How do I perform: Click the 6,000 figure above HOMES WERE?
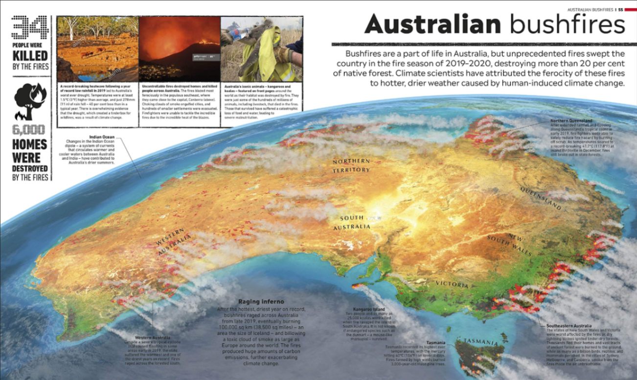pyautogui.click(x=30, y=130)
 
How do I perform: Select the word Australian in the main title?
pyautogui.click(x=433, y=24)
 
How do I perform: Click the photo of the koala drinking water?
pyautogui.click(x=261, y=49)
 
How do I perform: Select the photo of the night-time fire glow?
pyautogui.click(x=180, y=49)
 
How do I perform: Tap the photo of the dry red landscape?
pyautogui.click(x=98, y=49)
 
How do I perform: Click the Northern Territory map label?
pyautogui.click(x=351, y=165)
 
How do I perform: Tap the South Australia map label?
pyautogui.click(x=352, y=223)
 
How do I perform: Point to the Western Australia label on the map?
pyautogui.click(x=174, y=242)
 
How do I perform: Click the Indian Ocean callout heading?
pyautogui.click(x=102, y=137)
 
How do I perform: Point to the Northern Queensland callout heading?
pyautogui.click(x=571, y=120)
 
